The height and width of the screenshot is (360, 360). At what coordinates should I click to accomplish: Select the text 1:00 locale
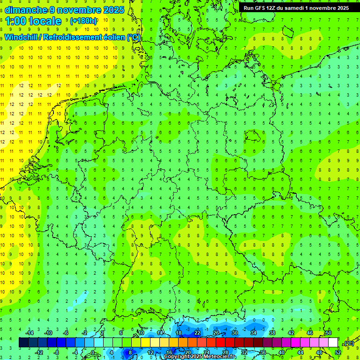click(x=33, y=21)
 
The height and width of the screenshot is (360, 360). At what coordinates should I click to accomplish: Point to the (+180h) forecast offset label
click(x=83, y=21)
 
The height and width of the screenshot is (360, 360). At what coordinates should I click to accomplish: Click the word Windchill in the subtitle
click(x=21, y=37)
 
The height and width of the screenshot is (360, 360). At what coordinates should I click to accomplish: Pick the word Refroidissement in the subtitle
click(x=73, y=37)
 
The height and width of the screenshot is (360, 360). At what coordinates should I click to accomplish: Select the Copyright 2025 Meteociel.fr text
click(x=199, y=357)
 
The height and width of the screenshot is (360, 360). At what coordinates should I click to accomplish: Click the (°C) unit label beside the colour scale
click(x=348, y=343)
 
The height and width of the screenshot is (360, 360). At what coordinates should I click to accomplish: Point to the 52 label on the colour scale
click(x=338, y=352)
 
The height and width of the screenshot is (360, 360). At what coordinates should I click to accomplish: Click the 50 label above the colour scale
click(x=328, y=333)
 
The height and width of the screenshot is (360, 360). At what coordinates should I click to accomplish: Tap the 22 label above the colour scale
click(x=197, y=333)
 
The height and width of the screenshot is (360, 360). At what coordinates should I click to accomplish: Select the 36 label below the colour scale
click(x=262, y=352)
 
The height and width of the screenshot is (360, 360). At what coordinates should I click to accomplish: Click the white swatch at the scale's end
click(x=333, y=343)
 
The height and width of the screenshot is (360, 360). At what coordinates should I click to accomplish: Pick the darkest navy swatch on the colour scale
click(x=23, y=343)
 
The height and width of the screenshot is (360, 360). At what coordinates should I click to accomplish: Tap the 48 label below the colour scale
click(x=319, y=352)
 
